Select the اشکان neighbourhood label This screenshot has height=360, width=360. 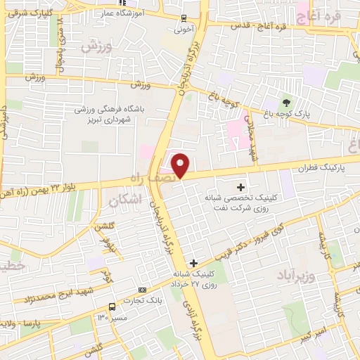[x=126, y=201]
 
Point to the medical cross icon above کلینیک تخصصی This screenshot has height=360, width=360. [x=242, y=187]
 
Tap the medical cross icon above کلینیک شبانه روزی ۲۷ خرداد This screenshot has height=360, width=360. [x=193, y=263]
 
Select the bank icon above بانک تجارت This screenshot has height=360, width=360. [x=143, y=290]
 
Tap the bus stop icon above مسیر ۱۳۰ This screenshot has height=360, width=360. [x=112, y=307]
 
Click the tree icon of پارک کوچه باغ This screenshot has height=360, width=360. [x=285, y=103]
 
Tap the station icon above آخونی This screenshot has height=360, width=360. [x=184, y=18]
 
